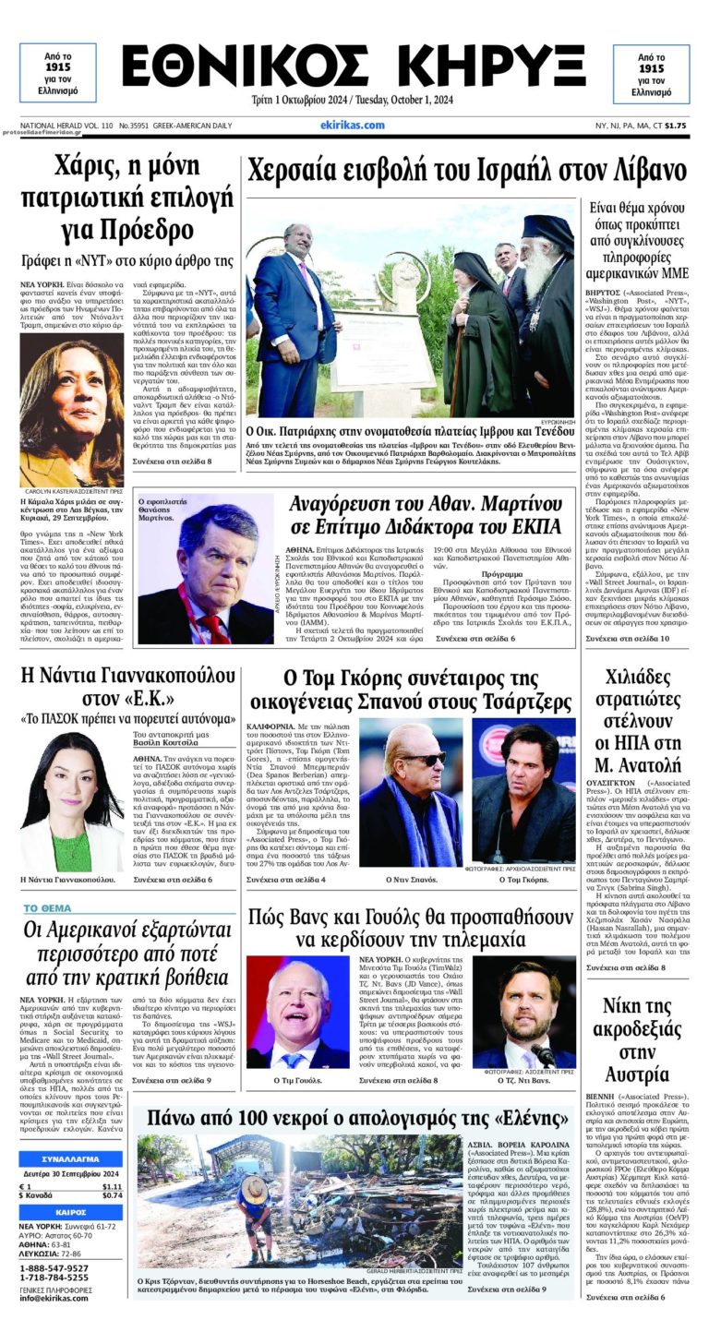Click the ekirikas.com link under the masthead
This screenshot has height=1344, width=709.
point(353,125)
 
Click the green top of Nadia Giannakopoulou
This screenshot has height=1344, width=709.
point(72,851)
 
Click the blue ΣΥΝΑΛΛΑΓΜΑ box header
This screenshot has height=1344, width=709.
point(70,1159)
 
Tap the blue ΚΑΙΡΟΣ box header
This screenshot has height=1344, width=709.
point(70,1211)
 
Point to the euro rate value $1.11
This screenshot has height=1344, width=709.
point(112,1186)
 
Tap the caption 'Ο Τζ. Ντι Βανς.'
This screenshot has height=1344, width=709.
point(524,1079)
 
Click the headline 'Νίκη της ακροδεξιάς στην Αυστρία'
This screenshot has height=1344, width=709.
point(637,1039)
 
